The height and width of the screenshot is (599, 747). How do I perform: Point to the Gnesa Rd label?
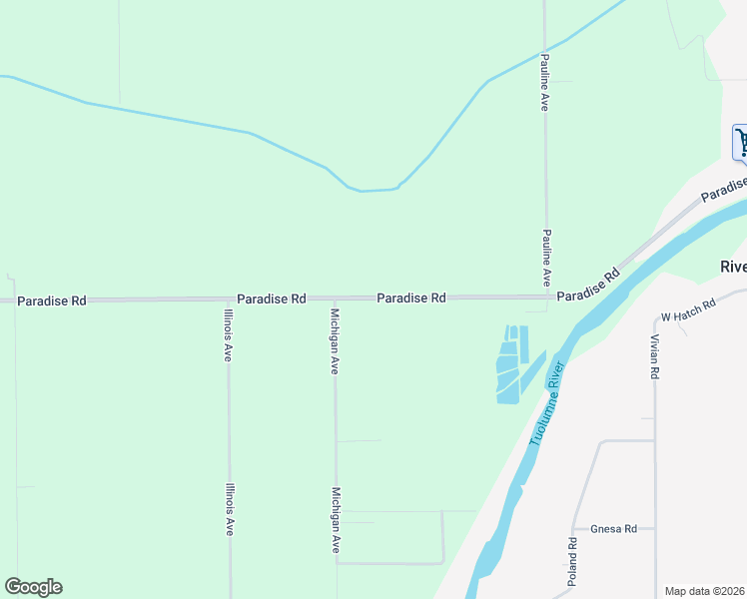pyautogui.click(x=613, y=529)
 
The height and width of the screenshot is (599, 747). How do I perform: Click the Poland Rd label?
pyautogui.click(x=573, y=562)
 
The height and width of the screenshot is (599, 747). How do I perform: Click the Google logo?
pyautogui.click(x=33, y=587)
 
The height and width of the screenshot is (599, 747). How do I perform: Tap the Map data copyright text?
pyautogui.click(x=705, y=591)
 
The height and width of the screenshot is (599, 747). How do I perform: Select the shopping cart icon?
pyautogui.click(x=741, y=142)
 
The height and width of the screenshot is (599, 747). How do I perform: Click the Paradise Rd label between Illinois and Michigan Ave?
pyautogui.click(x=271, y=299)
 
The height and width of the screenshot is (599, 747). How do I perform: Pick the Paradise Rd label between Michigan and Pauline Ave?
pyautogui.click(x=410, y=298)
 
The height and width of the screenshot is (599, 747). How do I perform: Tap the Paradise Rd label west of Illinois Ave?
pyautogui.click(x=52, y=299)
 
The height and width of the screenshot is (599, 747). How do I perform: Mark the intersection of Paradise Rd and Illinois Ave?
pyautogui.click(x=228, y=299)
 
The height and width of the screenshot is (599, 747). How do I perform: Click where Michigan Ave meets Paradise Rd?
pyautogui.click(x=335, y=299)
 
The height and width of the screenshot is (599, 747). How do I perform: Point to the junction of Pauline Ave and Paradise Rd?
pyautogui.click(x=546, y=297)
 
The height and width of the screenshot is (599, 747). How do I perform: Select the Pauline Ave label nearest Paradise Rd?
pyautogui.click(x=546, y=258)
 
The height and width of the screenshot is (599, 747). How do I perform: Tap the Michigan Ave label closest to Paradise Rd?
pyautogui.click(x=335, y=341)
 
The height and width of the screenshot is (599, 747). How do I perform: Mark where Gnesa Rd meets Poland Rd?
pyautogui.click(x=573, y=529)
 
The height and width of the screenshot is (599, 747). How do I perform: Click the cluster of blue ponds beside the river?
pyautogui.click(x=511, y=364)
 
